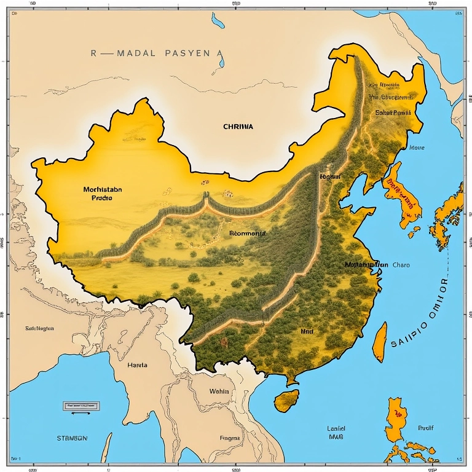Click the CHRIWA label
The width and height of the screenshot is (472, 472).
click(238, 126)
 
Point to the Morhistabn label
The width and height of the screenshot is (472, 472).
click(102, 190)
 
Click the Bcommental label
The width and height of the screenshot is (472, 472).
click(247, 234)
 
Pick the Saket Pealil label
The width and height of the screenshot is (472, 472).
click(392, 113)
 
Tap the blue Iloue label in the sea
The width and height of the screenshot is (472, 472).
click(417, 148)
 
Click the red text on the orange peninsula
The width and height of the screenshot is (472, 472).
click(400, 192)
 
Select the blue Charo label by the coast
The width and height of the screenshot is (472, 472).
click(401, 265)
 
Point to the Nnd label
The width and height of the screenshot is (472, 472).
click(307, 331)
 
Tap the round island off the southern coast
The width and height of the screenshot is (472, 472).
click(286, 401)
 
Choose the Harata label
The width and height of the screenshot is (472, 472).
click(137, 364)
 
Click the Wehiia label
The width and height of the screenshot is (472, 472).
click(219, 391)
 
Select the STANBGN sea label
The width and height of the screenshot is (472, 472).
click(72, 439)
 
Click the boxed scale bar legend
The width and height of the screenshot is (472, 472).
click(82, 406)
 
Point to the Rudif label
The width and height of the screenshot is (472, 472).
click(426, 428)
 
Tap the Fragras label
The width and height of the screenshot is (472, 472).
click(230, 439)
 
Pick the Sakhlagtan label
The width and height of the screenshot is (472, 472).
click(39, 329)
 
